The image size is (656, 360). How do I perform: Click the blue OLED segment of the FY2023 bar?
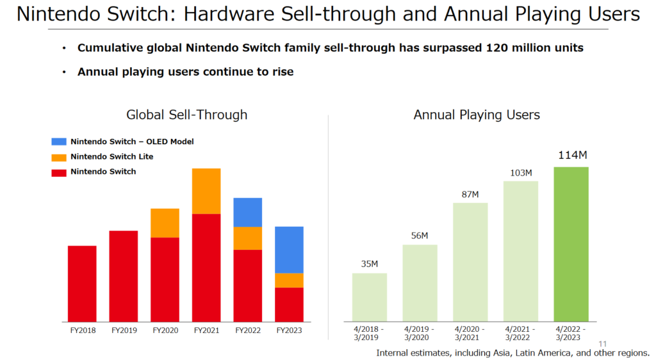point(289,250)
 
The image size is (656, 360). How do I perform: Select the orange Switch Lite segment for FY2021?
point(206,191)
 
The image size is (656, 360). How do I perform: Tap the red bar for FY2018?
point(82,283)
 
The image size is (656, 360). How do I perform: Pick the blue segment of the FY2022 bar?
point(248,212)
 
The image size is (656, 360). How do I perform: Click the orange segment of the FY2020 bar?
point(165,223)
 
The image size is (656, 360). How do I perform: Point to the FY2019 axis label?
point(124,331)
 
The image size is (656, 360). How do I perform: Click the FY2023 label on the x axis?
point(289,331)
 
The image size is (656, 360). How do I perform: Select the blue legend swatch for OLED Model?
point(59,142)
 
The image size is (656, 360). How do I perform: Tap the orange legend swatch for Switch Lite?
point(59,157)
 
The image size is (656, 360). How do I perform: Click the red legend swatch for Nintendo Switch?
point(59,172)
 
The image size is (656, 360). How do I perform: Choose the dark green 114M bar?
point(571,243)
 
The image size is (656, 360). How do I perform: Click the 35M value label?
point(369,264)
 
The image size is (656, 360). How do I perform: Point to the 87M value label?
point(470,194)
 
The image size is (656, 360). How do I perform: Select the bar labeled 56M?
point(420,282)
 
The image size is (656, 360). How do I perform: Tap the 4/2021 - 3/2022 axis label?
point(520,334)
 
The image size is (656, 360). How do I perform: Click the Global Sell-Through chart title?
point(186,115)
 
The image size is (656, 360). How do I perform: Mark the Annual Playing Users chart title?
point(477,115)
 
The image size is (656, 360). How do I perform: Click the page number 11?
point(602,343)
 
